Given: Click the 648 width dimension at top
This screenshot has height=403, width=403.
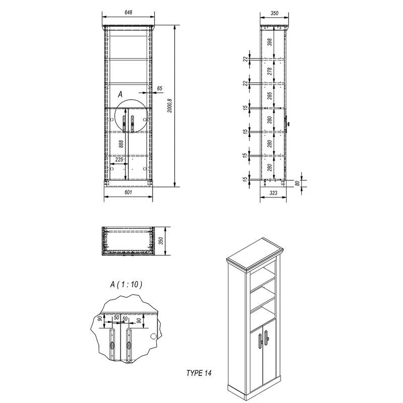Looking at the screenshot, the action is click(x=128, y=12).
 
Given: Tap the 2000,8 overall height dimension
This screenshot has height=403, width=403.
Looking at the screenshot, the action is click(x=170, y=106).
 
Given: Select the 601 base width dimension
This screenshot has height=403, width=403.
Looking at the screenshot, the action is click(x=128, y=192).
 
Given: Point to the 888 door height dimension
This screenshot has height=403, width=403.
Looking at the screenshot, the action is click(x=121, y=144).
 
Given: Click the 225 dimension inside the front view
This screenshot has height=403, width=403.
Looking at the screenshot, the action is click(x=119, y=160).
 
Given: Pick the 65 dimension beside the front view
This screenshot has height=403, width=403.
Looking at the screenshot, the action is click(x=160, y=89).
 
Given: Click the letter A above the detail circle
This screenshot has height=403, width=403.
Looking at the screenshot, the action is click(x=120, y=95).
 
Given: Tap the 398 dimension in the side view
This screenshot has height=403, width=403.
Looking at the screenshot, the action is click(x=270, y=42).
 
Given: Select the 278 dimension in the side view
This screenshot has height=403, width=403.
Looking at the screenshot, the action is click(x=270, y=71).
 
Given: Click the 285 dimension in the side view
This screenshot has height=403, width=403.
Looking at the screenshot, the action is click(x=270, y=96).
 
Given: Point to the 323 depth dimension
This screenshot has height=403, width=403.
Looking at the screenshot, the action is click(x=274, y=193).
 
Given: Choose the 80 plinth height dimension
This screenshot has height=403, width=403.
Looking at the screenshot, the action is click(x=297, y=183).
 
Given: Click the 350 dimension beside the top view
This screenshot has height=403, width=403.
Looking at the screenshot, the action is click(x=161, y=241).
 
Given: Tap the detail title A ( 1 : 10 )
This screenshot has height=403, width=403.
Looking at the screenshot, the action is click(x=126, y=285).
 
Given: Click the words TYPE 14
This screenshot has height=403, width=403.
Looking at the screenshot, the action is click(x=198, y=373).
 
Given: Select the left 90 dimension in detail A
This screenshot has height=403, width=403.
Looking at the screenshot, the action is click(x=100, y=318).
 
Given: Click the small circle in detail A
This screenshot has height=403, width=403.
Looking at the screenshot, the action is click(x=154, y=336).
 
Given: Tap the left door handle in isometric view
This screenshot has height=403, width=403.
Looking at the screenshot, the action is click(x=260, y=341).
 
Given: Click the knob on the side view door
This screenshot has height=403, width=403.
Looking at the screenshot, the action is click(x=287, y=124).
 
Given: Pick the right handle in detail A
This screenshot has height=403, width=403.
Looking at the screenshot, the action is click(x=129, y=345).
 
